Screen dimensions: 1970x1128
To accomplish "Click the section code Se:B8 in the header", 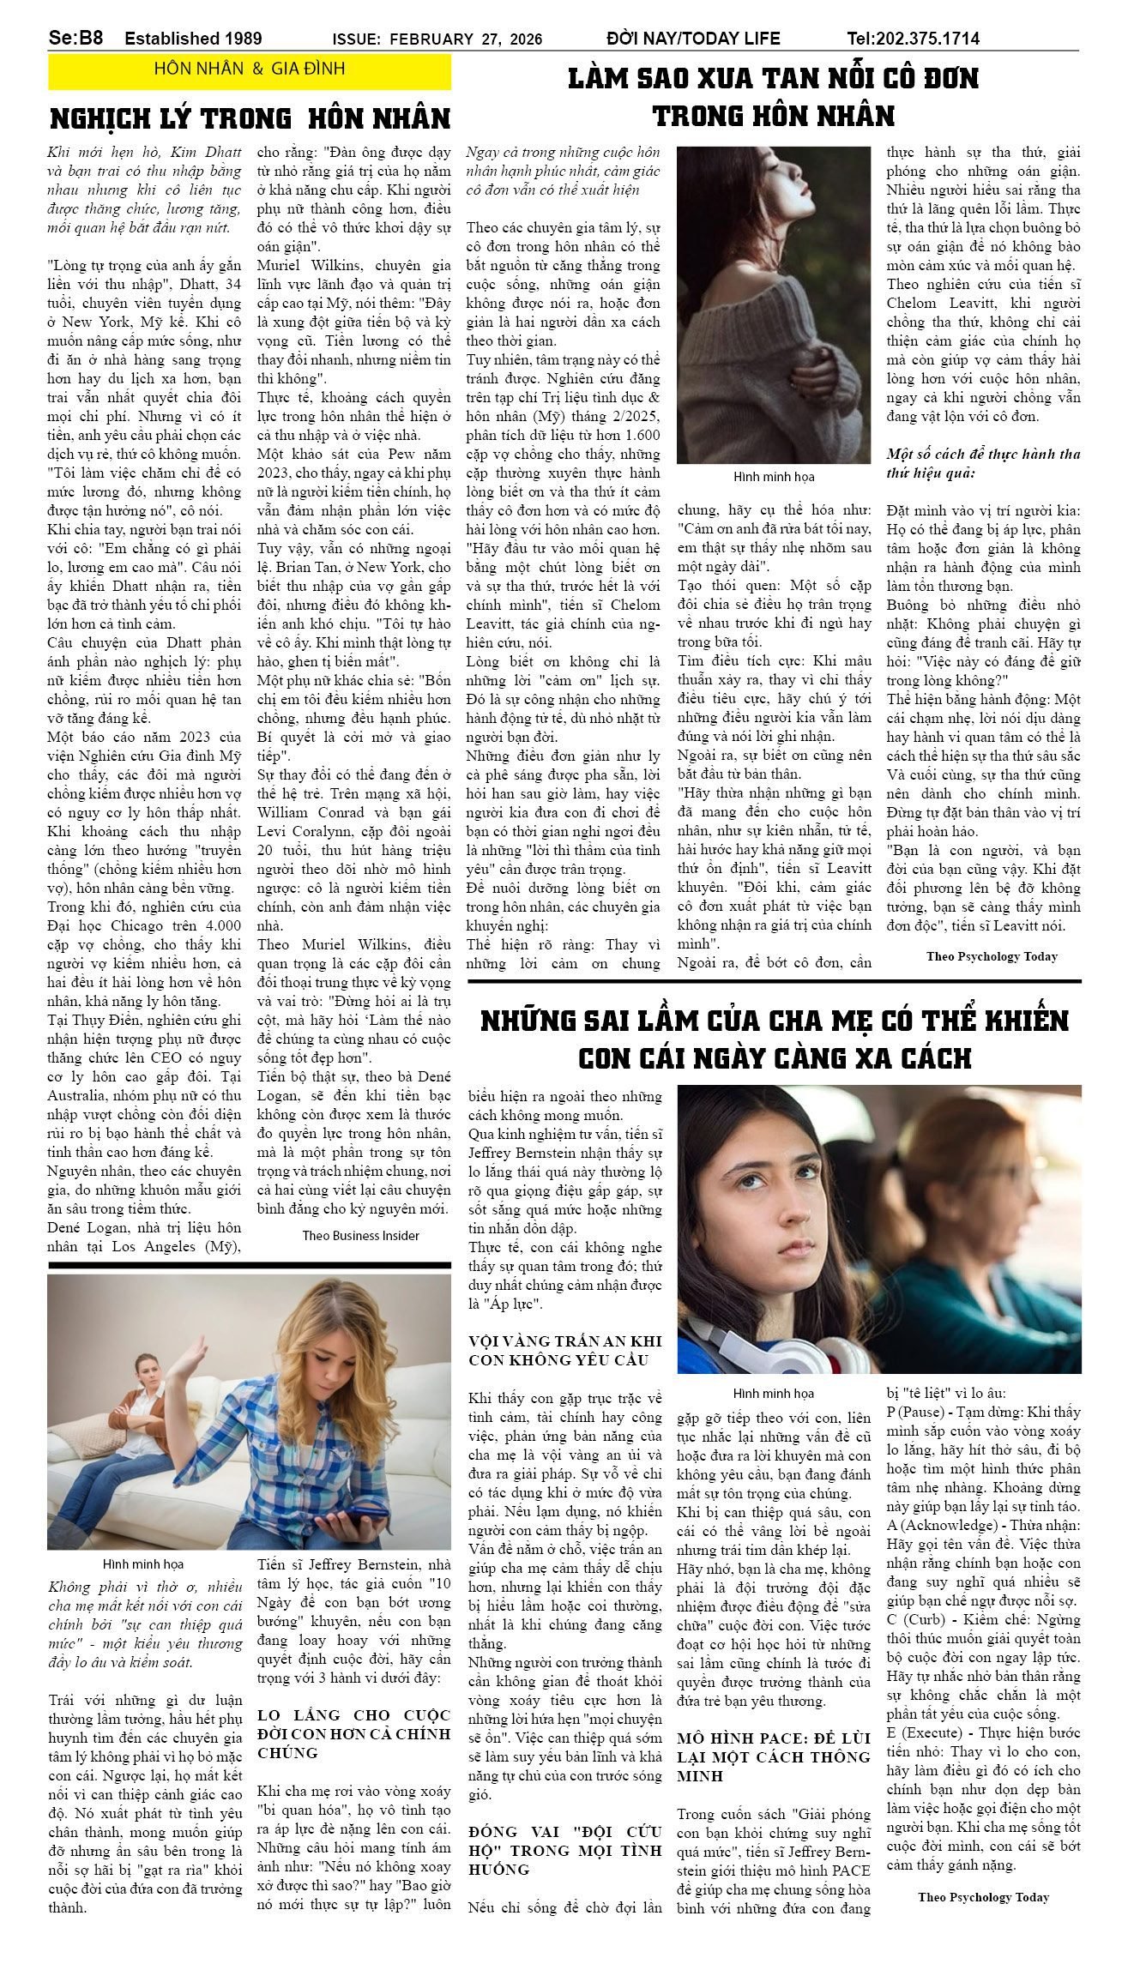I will point(75,38).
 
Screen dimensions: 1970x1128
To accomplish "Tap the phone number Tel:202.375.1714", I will point(913,39).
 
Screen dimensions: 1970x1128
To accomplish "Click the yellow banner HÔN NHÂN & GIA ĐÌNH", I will point(249,69).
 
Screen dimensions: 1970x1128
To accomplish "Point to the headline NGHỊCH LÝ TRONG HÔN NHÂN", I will point(250,117).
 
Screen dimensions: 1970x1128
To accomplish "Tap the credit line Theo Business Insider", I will point(360,1235).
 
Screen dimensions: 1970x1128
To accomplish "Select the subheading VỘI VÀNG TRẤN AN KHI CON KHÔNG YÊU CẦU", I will point(564,1350).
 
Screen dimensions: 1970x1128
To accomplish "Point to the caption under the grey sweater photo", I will point(773,476).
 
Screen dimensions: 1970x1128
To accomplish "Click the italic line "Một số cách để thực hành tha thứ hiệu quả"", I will point(983,462).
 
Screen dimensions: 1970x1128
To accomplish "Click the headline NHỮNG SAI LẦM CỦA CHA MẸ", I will point(774,1039).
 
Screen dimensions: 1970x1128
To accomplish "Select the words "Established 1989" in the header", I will point(193,39).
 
